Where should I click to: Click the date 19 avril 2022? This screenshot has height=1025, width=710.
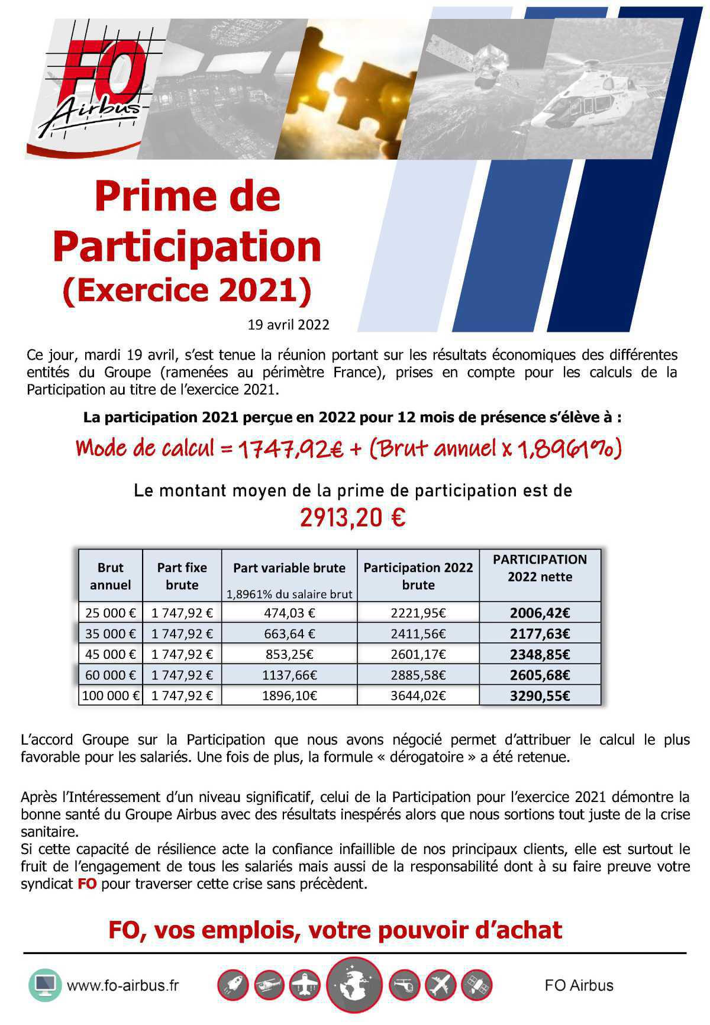tap(289, 325)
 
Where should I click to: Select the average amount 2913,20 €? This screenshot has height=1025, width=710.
tap(353, 518)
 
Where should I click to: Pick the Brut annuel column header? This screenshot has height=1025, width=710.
tap(110, 575)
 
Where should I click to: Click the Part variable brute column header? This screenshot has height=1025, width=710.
tap(289, 568)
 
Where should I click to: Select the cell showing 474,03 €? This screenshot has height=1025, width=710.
tap(289, 613)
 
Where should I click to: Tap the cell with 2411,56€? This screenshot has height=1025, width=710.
tap(418, 633)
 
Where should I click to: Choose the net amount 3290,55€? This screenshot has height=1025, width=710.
tap(540, 696)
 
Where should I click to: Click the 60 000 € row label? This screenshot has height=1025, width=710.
tap(110, 675)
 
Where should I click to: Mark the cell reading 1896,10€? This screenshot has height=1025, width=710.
tap(289, 696)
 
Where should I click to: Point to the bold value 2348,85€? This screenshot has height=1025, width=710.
tap(540, 654)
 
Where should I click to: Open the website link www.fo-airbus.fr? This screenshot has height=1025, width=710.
tap(122, 985)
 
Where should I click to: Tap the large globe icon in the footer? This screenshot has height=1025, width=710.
tap(354, 985)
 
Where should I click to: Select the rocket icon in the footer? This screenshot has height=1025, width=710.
tap(233, 985)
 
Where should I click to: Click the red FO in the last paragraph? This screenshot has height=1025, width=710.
tap(86, 884)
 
